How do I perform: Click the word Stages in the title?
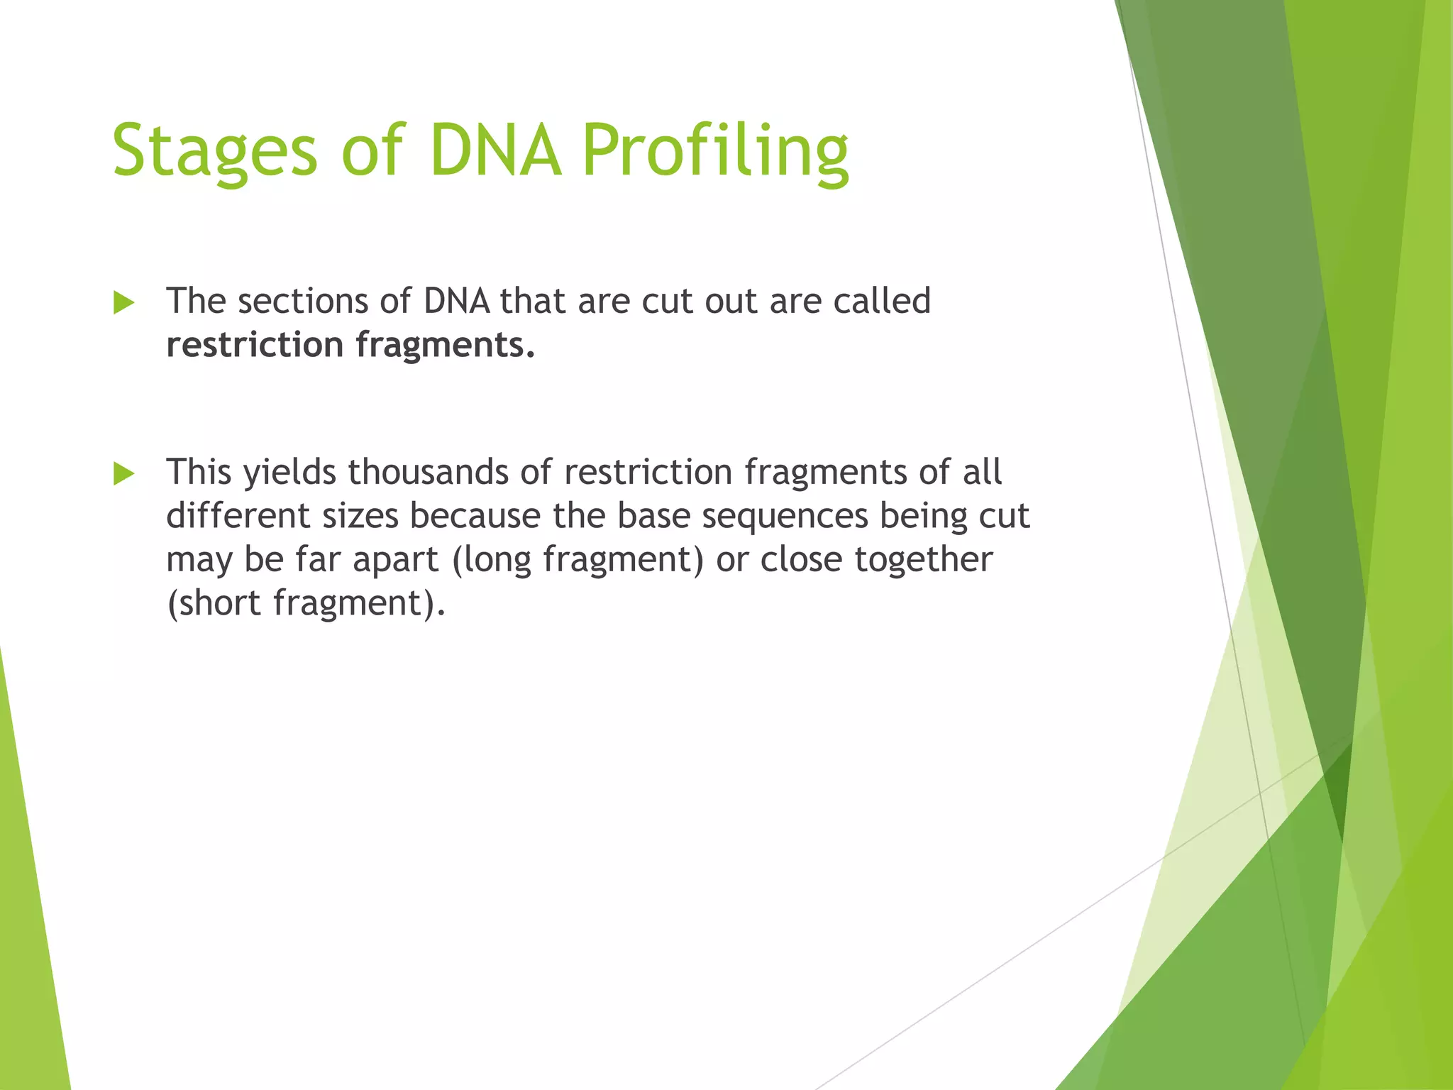click(214, 150)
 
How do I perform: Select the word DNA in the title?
click(495, 150)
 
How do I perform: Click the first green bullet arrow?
click(123, 303)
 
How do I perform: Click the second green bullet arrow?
click(123, 473)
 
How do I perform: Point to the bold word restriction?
click(255, 345)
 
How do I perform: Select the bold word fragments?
click(445, 346)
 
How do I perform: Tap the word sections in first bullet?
click(302, 301)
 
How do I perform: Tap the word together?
click(923, 561)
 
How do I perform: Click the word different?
click(238, 515)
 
